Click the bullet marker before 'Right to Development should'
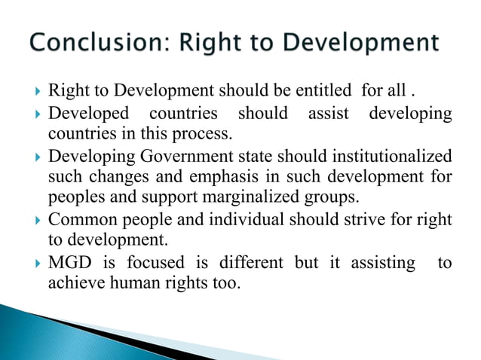37,93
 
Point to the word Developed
85,114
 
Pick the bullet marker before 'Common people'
37,221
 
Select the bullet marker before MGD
37,263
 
